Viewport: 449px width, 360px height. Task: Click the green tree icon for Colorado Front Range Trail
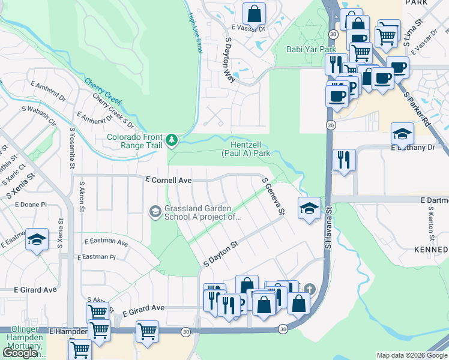(x=173, y=140)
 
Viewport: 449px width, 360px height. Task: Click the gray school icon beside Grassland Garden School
(x=155, y=211)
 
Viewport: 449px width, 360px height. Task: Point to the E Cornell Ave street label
(x=168, y=180)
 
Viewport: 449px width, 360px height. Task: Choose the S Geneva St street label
(x=272, y=196)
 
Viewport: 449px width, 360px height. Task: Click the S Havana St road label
(x=328, y=228)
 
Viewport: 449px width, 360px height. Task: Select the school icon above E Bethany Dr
(x=402, y=133)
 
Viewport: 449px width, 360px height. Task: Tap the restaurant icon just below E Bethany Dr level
(x=343, y=159)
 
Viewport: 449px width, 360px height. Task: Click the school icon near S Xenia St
(x=37, y=239)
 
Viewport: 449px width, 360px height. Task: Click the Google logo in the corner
(x=20, y=353)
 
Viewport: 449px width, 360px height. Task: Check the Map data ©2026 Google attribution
(x=412, y=355)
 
